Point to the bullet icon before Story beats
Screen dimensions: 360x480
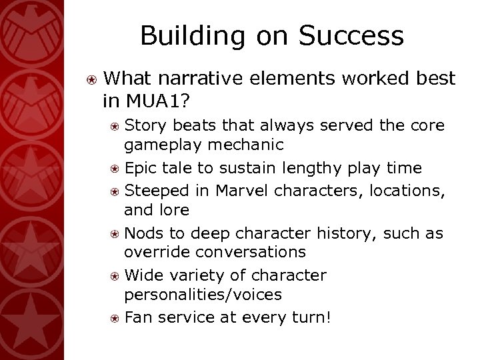point(116,125)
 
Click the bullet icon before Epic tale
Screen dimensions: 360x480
point(116,169)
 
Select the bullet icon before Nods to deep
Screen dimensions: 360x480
point(116,234)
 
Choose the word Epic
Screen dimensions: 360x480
point(141,168)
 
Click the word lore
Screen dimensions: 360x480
point(175,211)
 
